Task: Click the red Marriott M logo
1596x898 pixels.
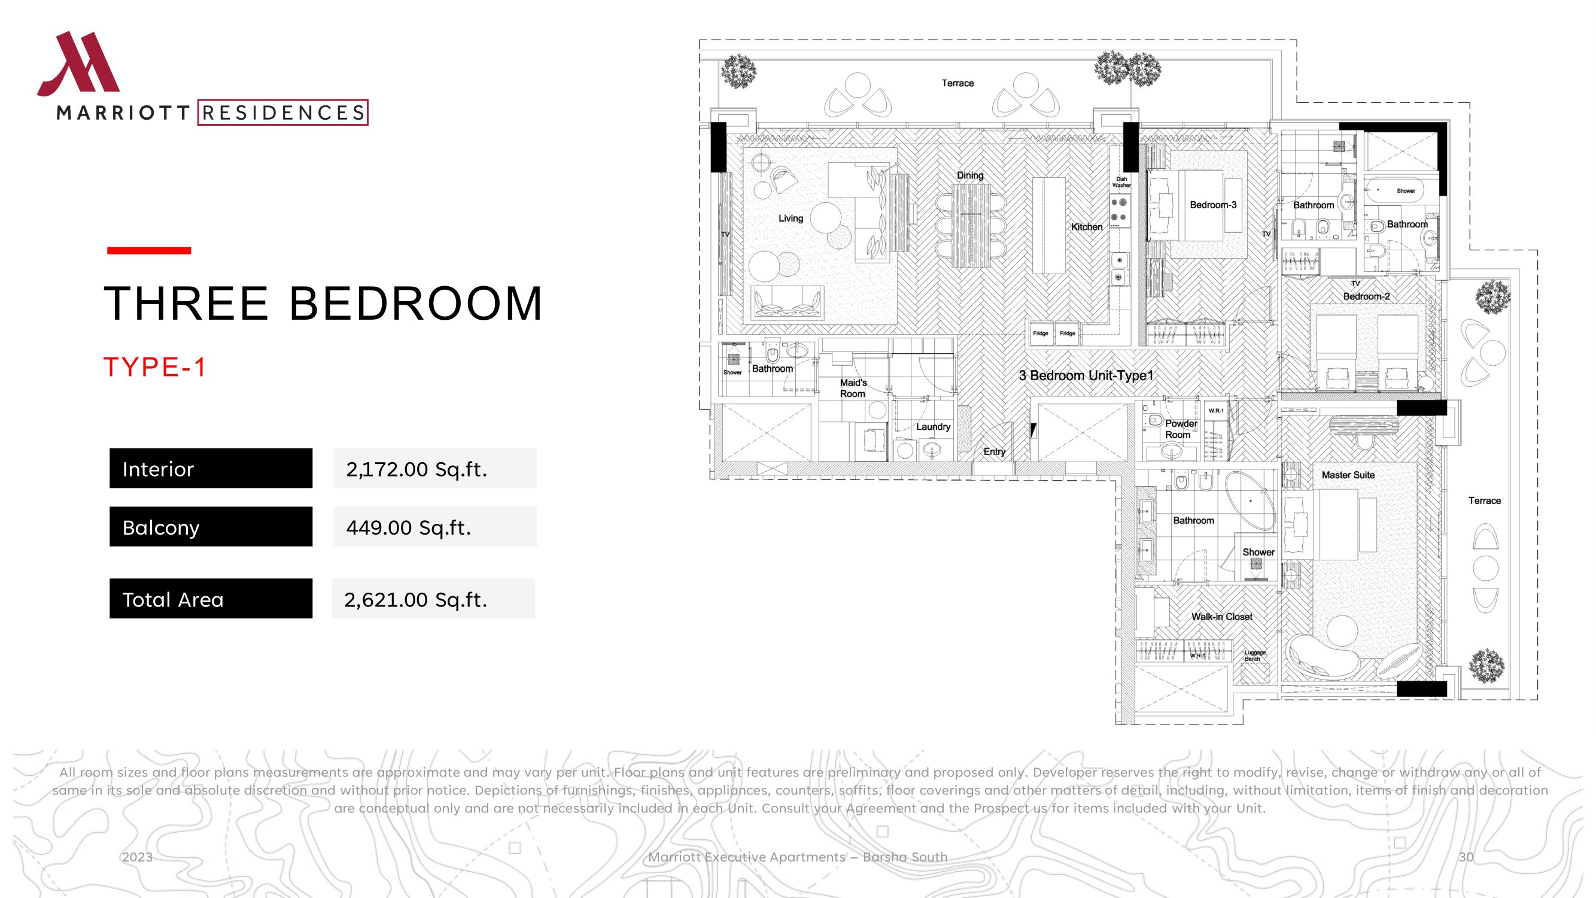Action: coord(78,64)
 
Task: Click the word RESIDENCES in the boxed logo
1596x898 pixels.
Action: coord(283,113)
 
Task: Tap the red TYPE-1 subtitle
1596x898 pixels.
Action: coord(154,367)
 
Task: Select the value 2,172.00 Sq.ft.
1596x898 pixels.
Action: coord(417,469)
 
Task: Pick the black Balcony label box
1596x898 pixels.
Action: coord(211,527)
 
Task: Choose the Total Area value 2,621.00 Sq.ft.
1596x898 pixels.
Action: coord(415,599)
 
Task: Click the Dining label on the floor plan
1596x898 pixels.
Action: coord(969,175)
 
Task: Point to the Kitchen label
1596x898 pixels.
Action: coord(1087,227)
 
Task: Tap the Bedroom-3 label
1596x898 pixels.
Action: coord(1212,205)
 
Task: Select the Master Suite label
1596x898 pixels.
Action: coord(1348,475)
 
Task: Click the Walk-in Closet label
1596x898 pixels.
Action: coord(1221,617)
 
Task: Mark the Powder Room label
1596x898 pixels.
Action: coord(1181,429)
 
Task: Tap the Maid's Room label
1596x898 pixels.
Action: coord(853,388)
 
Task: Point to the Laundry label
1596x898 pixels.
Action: coord(933,426)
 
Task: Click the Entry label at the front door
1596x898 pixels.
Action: coord(994,452)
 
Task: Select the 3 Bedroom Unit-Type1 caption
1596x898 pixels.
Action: coord(1086,375)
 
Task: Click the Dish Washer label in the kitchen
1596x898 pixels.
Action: coord(1121,182)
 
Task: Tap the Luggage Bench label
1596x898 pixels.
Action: coord(1255,656)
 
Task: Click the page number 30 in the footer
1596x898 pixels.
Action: coord(1466,857)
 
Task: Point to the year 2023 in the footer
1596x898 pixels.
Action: coord(137,857)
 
